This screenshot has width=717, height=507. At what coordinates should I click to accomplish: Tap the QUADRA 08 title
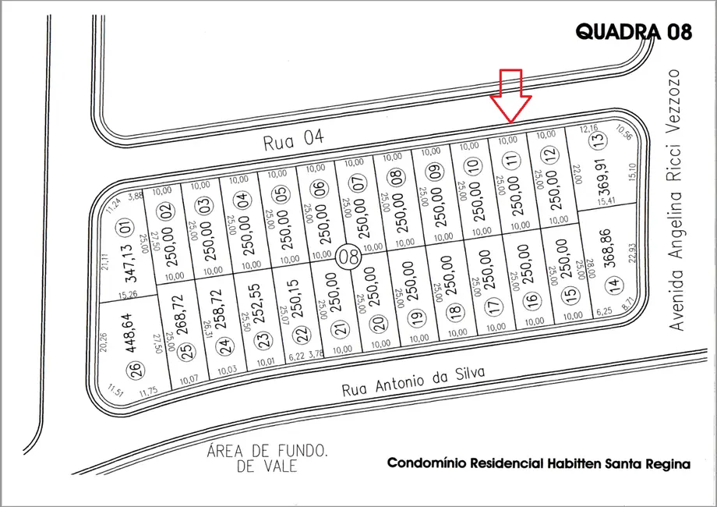pyautogui.click(x=633, y=31)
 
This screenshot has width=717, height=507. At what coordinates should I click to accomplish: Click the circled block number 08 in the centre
pyautogui.click(x=348, y=257)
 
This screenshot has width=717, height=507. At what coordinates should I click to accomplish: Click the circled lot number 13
pyautogui.click(x=598, y=142)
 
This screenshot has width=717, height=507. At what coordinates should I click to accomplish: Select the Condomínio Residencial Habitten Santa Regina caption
pyautogui.click(x=539, y=463)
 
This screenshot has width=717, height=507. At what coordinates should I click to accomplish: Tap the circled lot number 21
pyautogui.click(x=337, y=330)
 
